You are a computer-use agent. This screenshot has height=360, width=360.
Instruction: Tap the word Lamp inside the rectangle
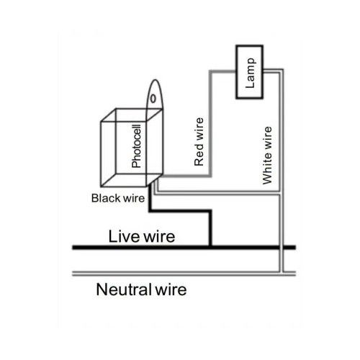tap(250, 73)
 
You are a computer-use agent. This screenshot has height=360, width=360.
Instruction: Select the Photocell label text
tap(136, 146)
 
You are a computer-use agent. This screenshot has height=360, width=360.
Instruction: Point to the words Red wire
tap(199, 142)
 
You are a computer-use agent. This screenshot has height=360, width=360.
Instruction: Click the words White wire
tap(267, 156)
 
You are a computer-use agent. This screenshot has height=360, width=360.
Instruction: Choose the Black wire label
tap(118, 198)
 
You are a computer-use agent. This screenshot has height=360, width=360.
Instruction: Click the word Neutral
tap(123, 289)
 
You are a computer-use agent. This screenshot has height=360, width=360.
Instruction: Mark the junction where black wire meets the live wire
tap(210, 247)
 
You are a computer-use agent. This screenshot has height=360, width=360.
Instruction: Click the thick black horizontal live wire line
tap(184, 248)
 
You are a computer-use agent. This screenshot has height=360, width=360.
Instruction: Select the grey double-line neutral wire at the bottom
tap(184, 274)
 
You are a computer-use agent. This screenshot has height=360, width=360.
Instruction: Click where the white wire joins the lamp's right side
tap(264, 71)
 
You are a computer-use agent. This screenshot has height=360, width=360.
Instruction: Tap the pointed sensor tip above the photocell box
tap(156, 80)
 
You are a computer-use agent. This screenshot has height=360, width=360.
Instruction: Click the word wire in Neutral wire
tap(171, 289)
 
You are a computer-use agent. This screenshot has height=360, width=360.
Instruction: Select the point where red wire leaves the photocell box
tap(161, 176)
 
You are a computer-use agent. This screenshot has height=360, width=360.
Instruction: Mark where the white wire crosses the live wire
tap(282, 248)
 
